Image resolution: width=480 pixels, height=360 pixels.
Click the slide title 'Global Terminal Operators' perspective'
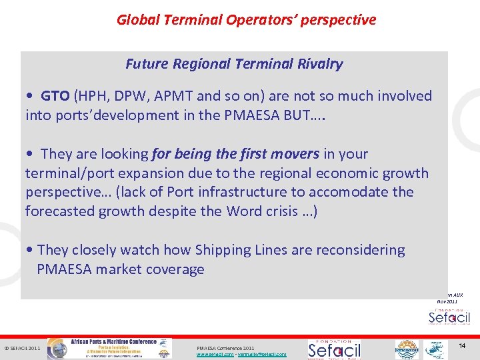click(246, 20)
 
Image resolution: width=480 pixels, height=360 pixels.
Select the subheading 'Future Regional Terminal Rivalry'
click(234, 64)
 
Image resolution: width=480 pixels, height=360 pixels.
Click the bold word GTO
click(55, 96)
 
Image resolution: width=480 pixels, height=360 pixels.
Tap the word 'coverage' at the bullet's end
click(175, 269)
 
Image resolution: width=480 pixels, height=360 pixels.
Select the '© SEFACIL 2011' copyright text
click(23, 348)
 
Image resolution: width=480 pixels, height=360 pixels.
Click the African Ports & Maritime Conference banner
click(114, 348)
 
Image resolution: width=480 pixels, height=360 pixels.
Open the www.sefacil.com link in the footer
click(213, 355)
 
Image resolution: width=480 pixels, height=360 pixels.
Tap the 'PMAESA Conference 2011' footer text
click(225, 348)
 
